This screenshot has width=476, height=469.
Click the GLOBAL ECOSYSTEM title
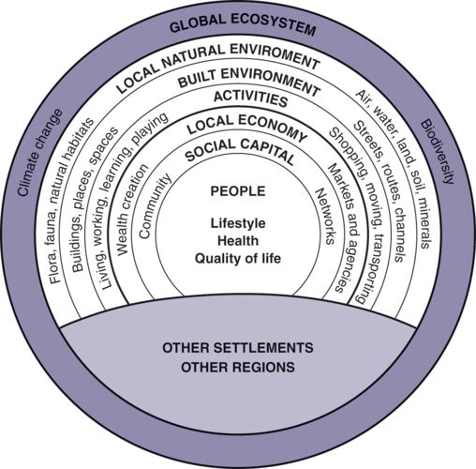(x=241, y=25)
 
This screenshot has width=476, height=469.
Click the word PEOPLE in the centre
(x=238, y=191)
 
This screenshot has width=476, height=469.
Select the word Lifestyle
(x=238, y=224)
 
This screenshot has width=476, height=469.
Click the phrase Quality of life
(x=238, y=259)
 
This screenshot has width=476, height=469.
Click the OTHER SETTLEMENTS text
(x=238, y=348)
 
